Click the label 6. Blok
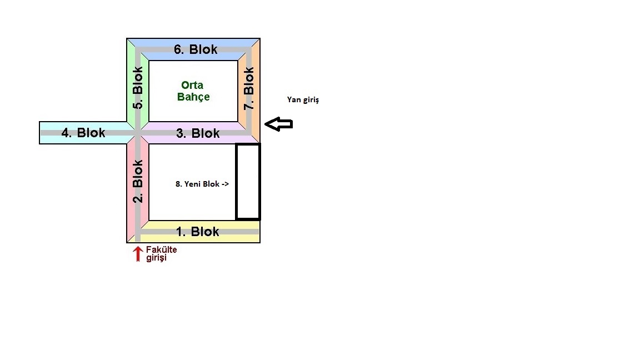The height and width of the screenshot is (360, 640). [x=196, y=49]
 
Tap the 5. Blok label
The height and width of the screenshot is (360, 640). [x=138, y=88]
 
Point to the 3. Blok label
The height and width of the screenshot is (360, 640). [x=198, y=133]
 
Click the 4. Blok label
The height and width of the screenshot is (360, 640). [x=83, y=133]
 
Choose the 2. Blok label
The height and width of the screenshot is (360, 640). [x=138, y=181]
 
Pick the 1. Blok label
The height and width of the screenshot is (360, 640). [x=198, y=232]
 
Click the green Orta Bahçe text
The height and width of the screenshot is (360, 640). [x=193, y=91]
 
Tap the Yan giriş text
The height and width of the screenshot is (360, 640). [x=303, y=100]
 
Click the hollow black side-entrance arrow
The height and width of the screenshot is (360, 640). [x=278, y=124]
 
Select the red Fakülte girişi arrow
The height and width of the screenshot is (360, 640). [x=138, y=254]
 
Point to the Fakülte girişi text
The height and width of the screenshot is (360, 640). [x=161, y=254]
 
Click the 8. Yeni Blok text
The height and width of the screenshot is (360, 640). [x=202, y=184]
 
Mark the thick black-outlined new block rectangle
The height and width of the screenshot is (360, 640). [x=248, y=182]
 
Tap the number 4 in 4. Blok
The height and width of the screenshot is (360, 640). [x=66, y=133]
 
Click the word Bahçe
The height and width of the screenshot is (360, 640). [x=193, y=97]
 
